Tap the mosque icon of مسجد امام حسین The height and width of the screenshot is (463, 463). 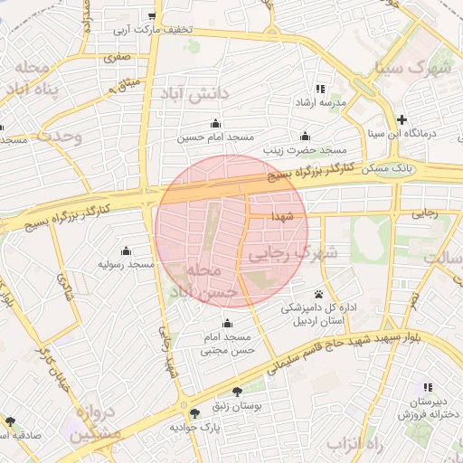214,124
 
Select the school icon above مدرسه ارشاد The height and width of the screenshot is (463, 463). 320,89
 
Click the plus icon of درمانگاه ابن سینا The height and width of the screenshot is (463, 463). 402,119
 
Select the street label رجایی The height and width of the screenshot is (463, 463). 424,214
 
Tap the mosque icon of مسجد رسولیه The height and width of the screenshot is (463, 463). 125,250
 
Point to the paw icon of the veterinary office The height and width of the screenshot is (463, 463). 318,293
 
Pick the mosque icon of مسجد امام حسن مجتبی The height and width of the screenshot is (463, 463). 227,323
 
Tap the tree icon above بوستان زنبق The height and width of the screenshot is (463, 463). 237,392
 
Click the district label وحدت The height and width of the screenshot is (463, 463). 59,137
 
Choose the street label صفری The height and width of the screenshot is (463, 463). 118,57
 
